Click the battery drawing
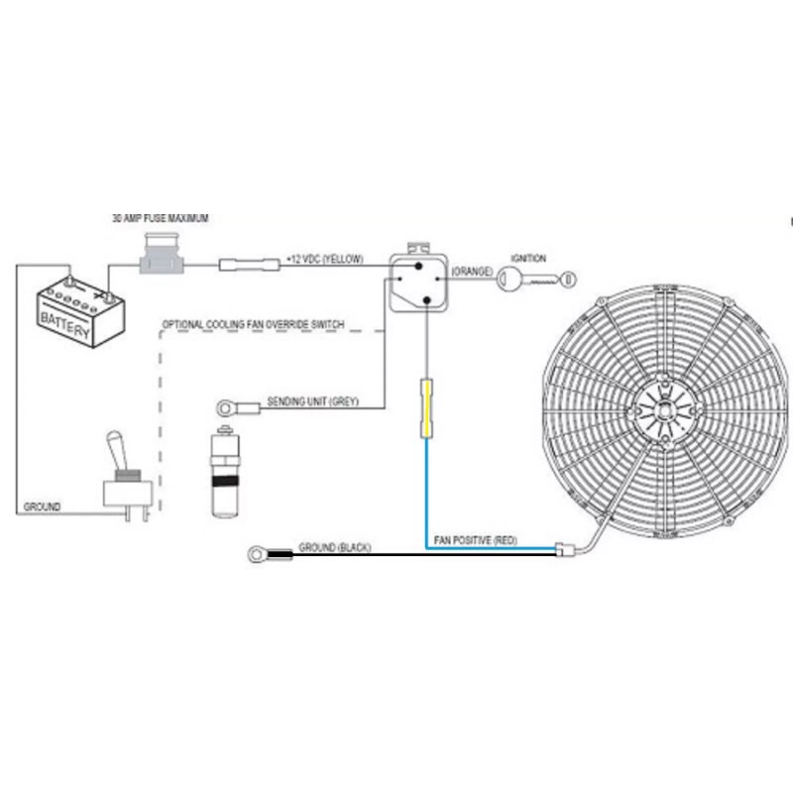81,311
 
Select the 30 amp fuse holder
162,254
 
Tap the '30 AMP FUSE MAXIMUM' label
160,218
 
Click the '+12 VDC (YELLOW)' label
325,259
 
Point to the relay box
418,283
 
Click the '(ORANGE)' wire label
472,272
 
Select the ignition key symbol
536,280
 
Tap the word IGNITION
528,259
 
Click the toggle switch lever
116,450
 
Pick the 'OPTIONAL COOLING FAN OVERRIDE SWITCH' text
253,324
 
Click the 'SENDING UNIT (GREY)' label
312,401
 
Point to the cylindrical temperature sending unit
225,473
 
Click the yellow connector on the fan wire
427,408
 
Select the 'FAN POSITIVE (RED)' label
476,540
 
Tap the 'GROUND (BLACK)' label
335,548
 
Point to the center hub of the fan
664,410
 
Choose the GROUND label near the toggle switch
42,507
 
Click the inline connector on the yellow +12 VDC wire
250,265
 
